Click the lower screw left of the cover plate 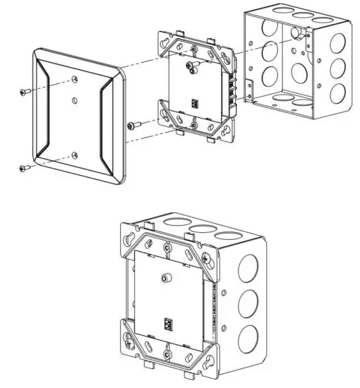click(24, 168)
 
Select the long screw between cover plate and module click(135, 126)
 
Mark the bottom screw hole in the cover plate click(75, 154)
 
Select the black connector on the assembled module click(168, 325)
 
